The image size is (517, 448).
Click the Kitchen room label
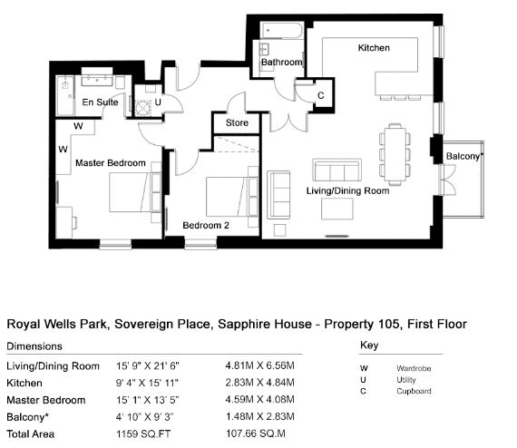coord(374,48)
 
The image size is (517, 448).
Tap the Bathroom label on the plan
coord(281,62)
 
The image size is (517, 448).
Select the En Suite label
coord(100,102)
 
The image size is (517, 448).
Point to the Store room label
coord(237,122)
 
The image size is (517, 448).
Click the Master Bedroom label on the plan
coord(111,163)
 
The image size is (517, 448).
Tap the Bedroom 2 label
coord(206,226)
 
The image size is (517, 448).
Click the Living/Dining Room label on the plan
coord(348,190)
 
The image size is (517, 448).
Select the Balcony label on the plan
coord(465,156)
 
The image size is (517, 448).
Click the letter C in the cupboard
coord(320,95)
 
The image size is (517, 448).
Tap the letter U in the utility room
coord(158,102)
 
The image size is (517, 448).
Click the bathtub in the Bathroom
coord(281,30)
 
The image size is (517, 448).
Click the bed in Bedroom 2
coord(228,197)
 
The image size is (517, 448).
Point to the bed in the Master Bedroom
coord(131,192)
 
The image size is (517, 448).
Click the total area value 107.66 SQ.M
coord(256,433)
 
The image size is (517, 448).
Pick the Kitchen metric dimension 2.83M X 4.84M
coord(259,383)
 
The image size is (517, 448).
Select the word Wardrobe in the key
coord(414,368)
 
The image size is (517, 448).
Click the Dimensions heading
coord(34,346)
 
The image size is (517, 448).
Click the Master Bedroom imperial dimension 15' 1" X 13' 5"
coord(147,400)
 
